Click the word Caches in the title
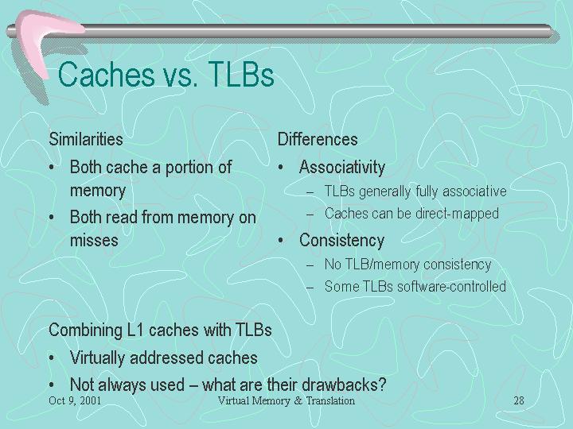[107, 75]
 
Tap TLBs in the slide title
[241, 75]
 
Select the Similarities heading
[86, 139]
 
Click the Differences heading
[318, 139]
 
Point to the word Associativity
[342, 168]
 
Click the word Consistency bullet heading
[341, 241]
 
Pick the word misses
[94, 241]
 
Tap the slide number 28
[519, 400]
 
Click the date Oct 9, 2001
[75, 400]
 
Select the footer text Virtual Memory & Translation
[286, 400]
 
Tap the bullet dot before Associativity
[281, 168]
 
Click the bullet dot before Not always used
[52, 385]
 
